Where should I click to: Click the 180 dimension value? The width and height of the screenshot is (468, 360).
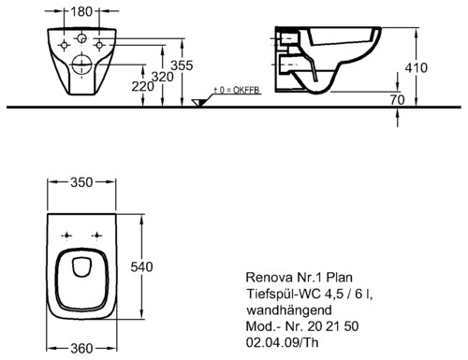[x=81, y=11]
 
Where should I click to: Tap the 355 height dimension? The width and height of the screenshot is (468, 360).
[x=182, y=65]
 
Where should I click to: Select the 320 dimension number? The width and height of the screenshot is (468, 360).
[x=163, y=77]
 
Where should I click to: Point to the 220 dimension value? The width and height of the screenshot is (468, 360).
[x=142, y=87]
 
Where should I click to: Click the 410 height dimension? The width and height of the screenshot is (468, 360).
[x=417, y=67]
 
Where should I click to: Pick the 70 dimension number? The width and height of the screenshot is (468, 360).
[x=397, y=100]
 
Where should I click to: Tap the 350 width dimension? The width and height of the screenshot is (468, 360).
[x=81, y=182]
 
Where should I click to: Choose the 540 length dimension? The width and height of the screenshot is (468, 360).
[x=141, y=267]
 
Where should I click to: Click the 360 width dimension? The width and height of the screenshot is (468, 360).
[x=81, y=349]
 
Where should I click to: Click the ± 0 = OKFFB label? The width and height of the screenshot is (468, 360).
[x=237, y=90]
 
